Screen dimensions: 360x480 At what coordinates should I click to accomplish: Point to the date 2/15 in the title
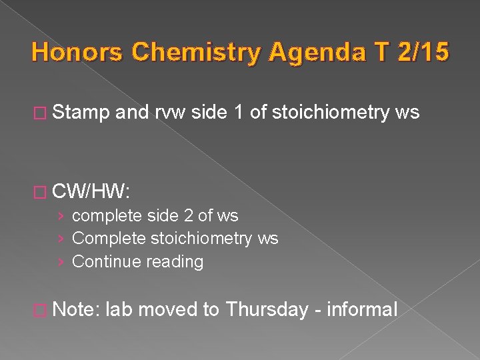(424, 52)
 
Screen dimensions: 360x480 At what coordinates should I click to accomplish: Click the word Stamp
(81, 113)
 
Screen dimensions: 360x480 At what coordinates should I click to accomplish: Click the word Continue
(104, 261)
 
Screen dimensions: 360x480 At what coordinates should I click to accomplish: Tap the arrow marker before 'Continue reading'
(61, 261)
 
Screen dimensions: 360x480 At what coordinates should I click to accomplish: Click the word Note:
(76, 309)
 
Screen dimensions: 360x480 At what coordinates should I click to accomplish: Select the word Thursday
(267, 309)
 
